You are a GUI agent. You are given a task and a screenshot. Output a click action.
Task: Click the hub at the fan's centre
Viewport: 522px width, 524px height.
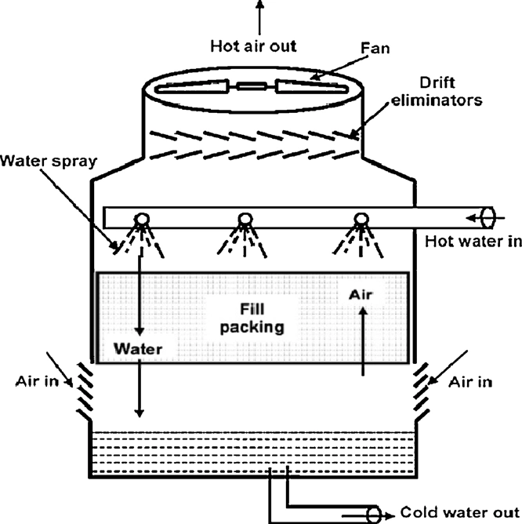point(252,88)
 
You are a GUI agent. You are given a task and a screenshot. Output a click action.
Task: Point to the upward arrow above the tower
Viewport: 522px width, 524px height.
point(261,16)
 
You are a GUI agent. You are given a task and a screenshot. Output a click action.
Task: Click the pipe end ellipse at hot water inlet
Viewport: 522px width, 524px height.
point(485,216)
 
